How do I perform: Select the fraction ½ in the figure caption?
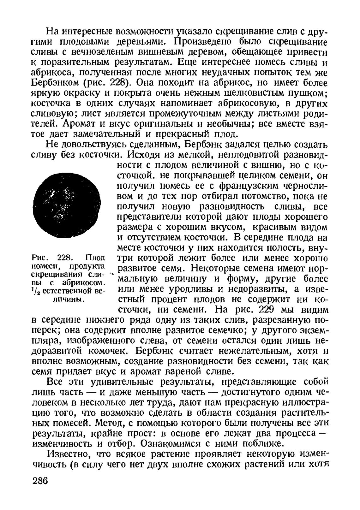[x=36, y=290]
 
